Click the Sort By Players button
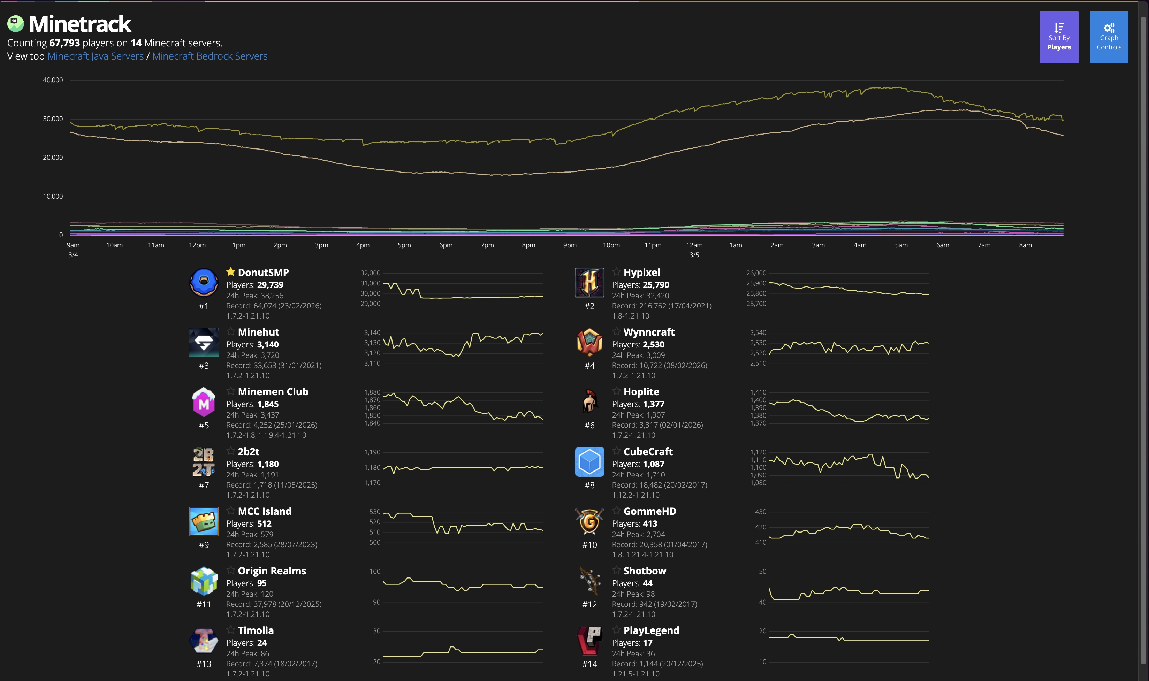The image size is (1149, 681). [x=1059, y=37]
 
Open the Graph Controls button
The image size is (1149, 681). [x=1109, y=37]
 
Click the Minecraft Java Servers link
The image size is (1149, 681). [x=96, y=56]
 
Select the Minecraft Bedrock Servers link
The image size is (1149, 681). [x=210, y=56]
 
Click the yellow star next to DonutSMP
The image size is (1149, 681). [x=230, y=272]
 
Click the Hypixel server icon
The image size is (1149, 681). [x=589, y=282]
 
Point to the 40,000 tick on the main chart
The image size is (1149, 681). [x=53, y=80]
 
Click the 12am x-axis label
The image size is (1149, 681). [x=694, y=245]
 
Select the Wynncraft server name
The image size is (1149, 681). [x=649, y=332]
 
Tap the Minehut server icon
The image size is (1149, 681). [x=204, y=342]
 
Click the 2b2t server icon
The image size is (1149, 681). [x=204, y=462]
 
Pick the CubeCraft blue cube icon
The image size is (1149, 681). [x=589, y=462]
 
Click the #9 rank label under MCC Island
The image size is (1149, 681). [x=204, y=545]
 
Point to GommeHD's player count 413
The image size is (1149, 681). [x=650, y=523]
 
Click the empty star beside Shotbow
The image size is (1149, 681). [x=616, y=571]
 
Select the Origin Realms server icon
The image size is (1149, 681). [x=204, y=581]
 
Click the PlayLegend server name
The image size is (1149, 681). [x=651, y=630]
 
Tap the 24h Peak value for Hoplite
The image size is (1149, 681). [x=655, y=415]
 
